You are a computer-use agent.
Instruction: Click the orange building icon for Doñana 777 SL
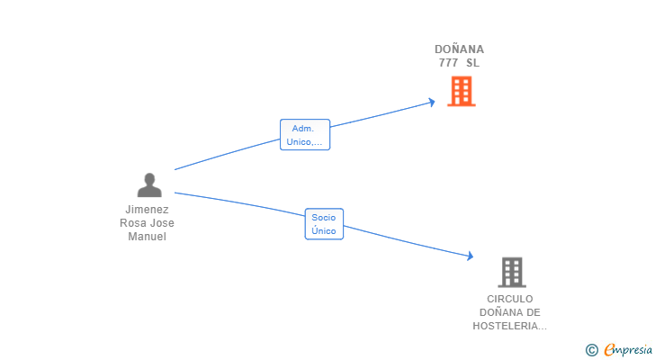tap(461, 91)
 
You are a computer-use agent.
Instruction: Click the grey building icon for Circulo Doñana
tap(511, 272)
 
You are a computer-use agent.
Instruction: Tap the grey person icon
tap(149, 184)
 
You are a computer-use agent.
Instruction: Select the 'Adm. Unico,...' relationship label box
tap(305, 135)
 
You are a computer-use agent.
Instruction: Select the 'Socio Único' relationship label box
tap(324, 224)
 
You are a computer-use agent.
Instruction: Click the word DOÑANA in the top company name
tap(459, 49)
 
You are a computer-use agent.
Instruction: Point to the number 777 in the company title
tap(448, 63)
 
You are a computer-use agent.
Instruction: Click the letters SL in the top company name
tap(473, 63)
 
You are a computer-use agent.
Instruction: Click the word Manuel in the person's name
tap(148, 237)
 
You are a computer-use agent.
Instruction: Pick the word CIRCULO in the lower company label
tap(510, 299)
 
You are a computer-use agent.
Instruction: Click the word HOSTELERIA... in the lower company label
tap(509, 326)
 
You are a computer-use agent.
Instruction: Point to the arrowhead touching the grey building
tap(469, 256)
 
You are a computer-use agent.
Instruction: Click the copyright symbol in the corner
tap(591, 349)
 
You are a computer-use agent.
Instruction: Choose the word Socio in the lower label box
tap(324, 217)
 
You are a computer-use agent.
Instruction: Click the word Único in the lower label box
tap(324, 231)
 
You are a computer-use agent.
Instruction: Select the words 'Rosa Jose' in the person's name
tap(148, 223)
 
